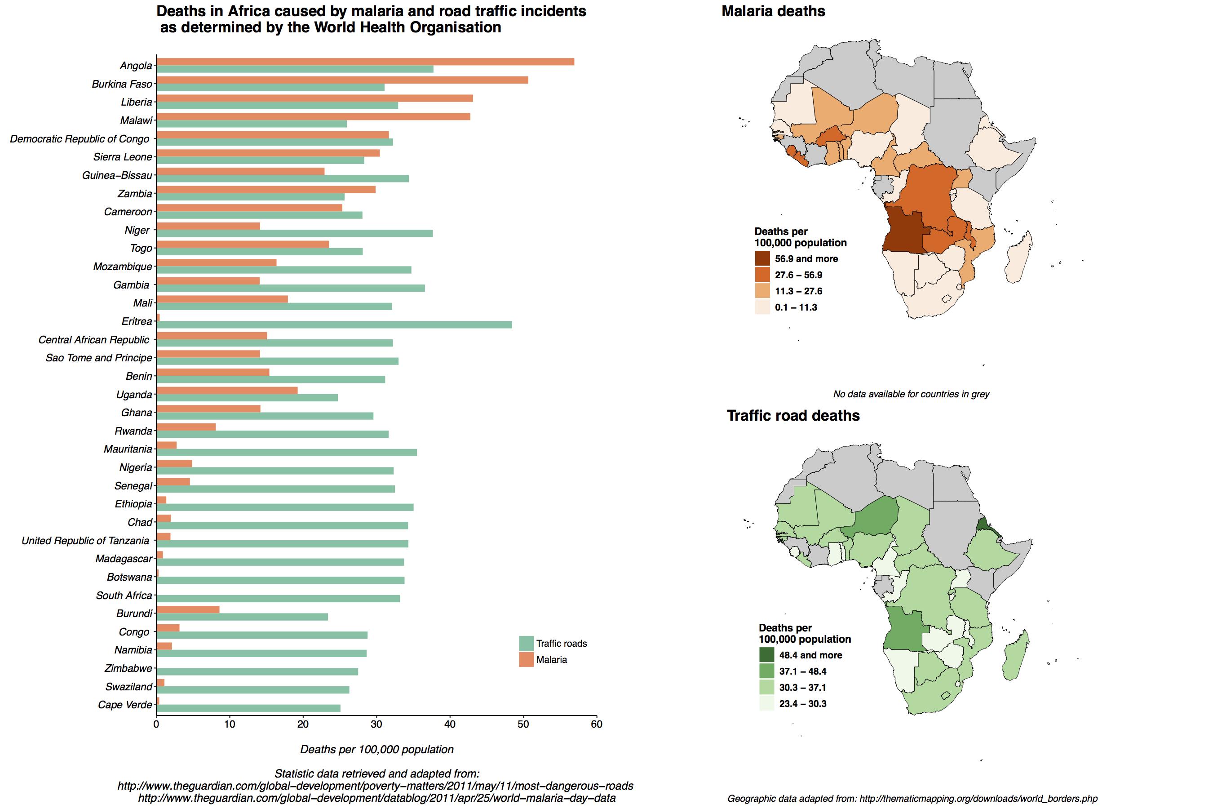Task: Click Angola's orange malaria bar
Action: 365,62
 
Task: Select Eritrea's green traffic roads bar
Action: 334,324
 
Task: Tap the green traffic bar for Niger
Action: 294,233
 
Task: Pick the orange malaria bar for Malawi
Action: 314,116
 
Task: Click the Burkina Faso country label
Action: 122,84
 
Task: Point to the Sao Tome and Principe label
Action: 98,358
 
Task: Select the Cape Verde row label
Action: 125,705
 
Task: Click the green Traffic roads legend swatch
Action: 526,644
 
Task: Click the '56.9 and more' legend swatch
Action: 762,258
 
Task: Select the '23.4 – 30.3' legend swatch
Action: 766,704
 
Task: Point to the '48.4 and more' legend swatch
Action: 766,655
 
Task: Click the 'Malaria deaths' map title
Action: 773,11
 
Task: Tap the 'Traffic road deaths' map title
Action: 793,416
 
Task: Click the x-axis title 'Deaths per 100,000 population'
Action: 377,750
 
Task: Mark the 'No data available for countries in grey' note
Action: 911,394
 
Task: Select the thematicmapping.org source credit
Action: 912,799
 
